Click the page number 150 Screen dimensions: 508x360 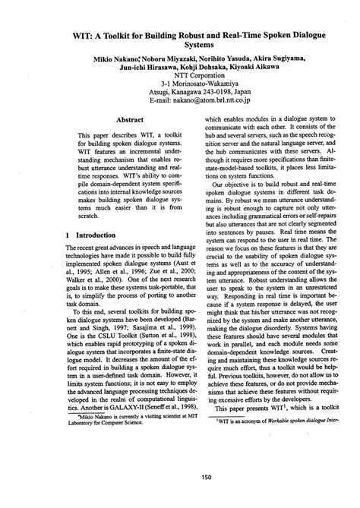click(x=181, y=477)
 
